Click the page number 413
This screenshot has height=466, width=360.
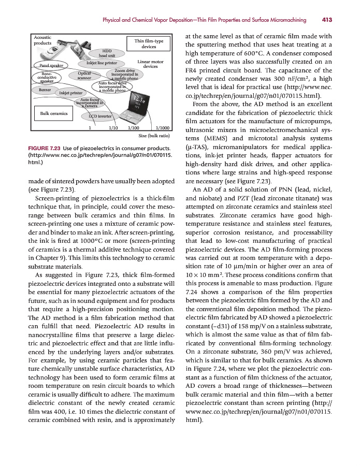pyautogui.click(x=326, y=20)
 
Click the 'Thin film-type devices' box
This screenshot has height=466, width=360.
pyautogui.click(x=149, y=43)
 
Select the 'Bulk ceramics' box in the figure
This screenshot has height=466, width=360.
pyautogui.click(x=50, y=113)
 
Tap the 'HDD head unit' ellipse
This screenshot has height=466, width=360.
pyautogui.click(x=110, y=53)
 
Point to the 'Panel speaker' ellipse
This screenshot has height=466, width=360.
pyautogui.click(x=48, y=66)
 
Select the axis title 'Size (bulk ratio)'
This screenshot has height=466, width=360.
pyautogui.click(x=154, y=136)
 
